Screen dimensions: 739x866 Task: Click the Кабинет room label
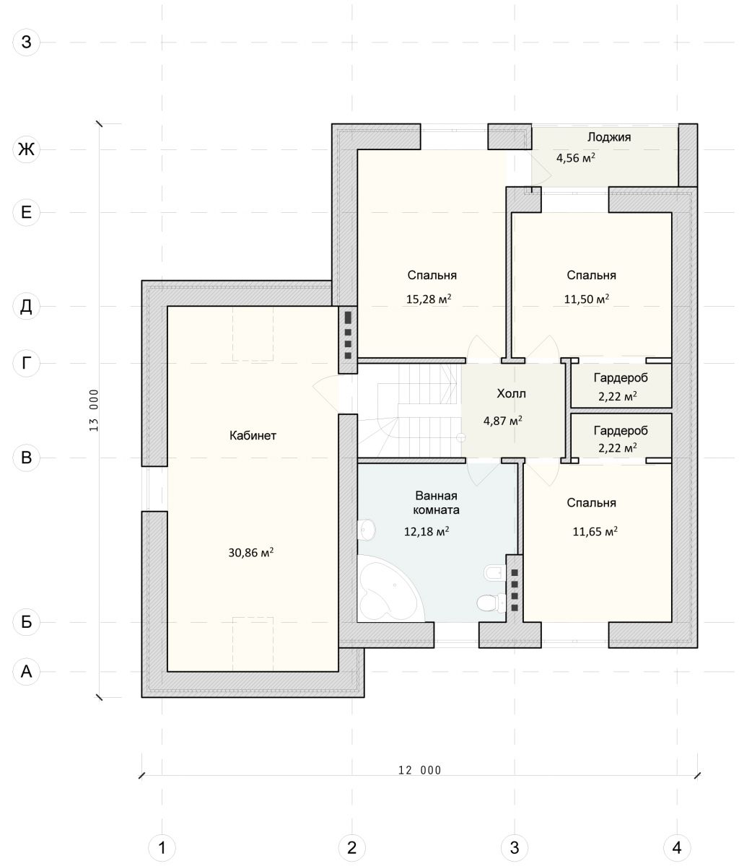click(x=253, y=436)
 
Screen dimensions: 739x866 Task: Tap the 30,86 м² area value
click(x=251, y=552)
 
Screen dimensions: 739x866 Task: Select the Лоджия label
click(x=608, y=137)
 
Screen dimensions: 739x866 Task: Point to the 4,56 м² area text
click(x=576, y=158)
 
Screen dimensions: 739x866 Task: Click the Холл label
click(x=511, y=393)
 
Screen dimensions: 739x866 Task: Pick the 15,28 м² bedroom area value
click(x=429, y=299)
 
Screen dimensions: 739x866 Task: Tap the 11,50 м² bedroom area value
click(x=587, y=299)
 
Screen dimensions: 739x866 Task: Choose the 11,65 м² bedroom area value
click(x=595, y=531)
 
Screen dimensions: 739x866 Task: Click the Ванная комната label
click(x=436, y=503)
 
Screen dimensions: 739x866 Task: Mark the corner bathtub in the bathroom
click(x=390, y=589)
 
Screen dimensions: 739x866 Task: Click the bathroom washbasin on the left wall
click(x=366, y=530)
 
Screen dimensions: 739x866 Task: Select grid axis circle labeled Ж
click(x=27, y=149)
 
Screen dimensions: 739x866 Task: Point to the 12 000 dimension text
click(x=420, y=771)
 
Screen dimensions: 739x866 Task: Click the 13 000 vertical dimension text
click(x=94, y=411)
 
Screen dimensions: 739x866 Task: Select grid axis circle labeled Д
click(x=27, y=306)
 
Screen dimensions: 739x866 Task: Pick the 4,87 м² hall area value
click(x=503, y=420)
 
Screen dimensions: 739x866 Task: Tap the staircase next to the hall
click(x=409, y=411)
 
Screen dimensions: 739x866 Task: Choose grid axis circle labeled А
click(x=27, y=671)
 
